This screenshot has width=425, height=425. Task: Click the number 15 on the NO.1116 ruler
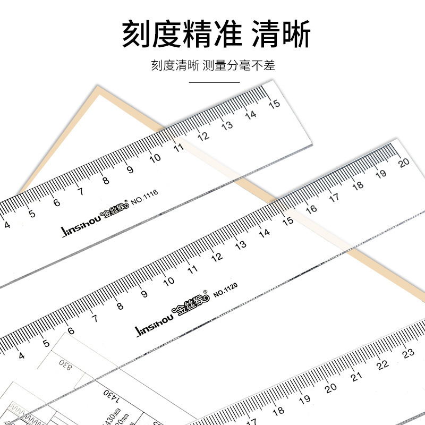pyautogui.click(x=275, y=104)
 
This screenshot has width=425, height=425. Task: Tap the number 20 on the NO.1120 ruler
pyautogui.click(x=405, y=163)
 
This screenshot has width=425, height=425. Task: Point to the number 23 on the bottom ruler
pyautogui.click(x=409, y=353)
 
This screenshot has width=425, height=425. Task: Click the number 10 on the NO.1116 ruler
pyautogui.click(x=155, y=158)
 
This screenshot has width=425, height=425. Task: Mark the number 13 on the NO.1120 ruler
pyautogui.click(x=241, y=245)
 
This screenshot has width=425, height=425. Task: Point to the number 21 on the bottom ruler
pyautogui.click(x=356, y=376)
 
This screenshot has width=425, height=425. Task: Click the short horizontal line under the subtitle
pyautogui.click(x=212, y=82)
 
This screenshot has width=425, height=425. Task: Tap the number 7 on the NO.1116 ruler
pyautogui.click(x=81, y=191)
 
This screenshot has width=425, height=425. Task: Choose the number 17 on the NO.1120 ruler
pyautogui.click(x=334, y=197)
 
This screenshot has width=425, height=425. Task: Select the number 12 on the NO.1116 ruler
pyautogui.click(x=203, y=135)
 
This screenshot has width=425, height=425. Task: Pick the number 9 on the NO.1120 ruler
pyautogui.click(x=144, y=293)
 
